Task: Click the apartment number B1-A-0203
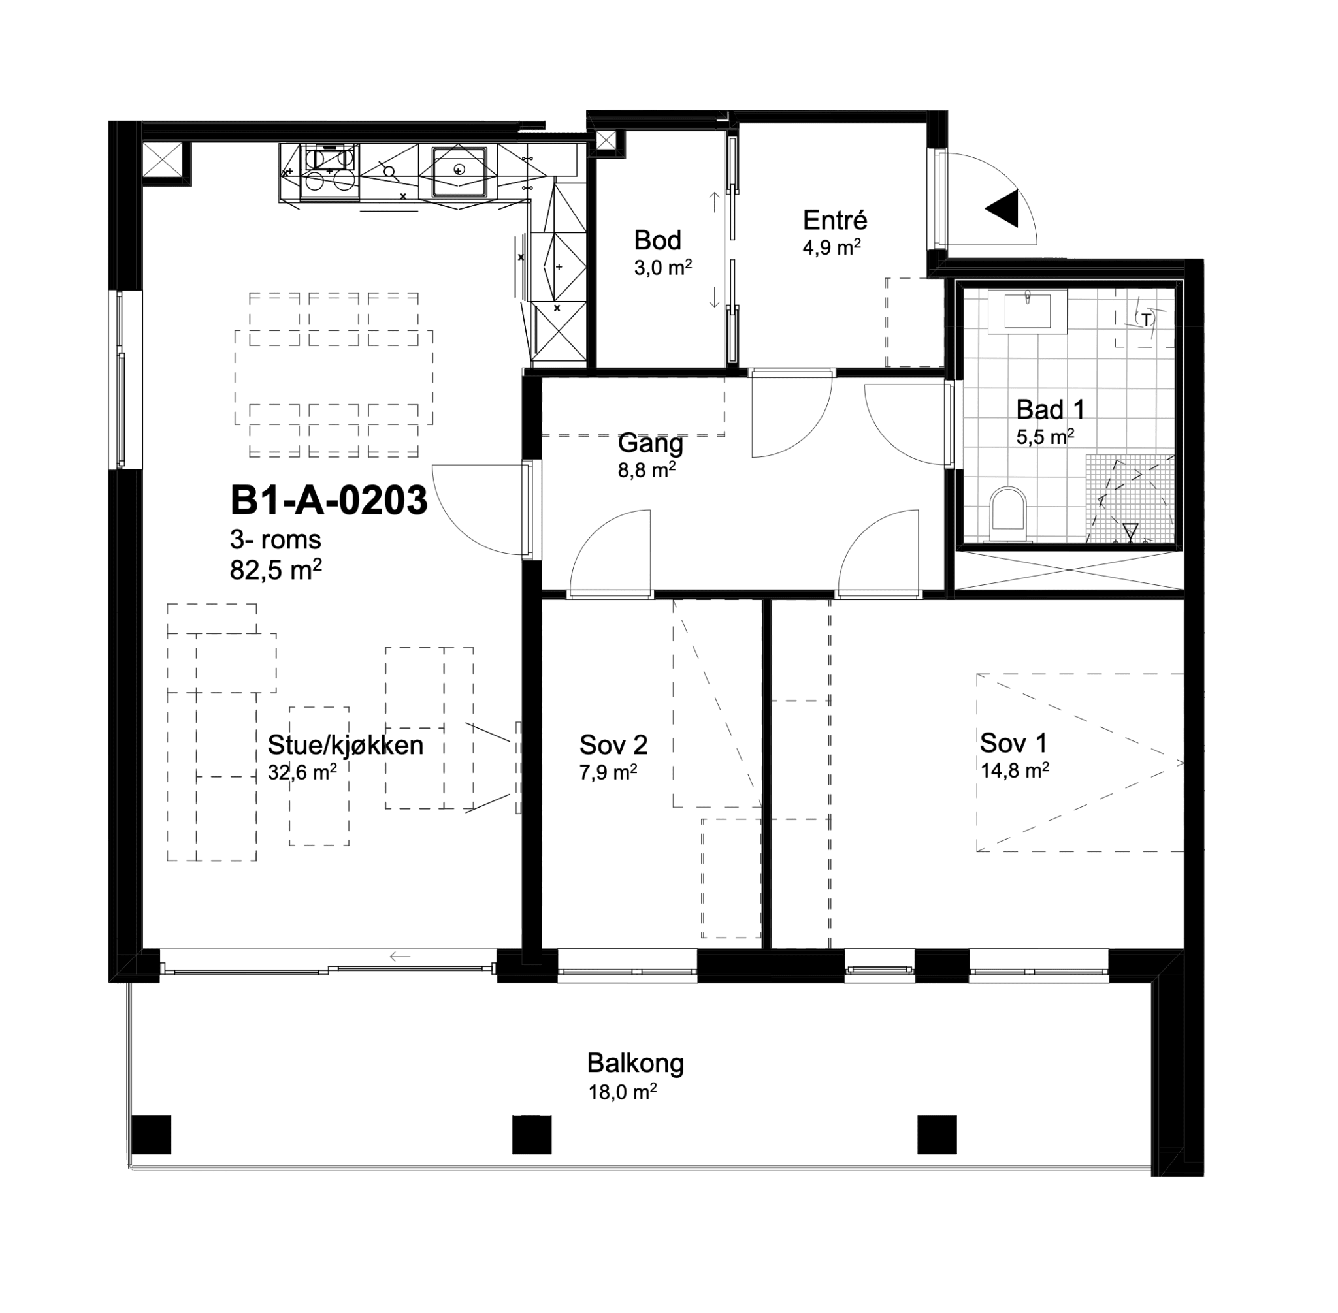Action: coord(329,501)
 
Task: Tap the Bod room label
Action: coord(657,240)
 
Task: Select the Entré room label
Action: coord(834,220)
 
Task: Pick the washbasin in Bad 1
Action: coord(1027,311)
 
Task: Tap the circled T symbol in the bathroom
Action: coord(1145,319)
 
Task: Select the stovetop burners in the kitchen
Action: coord(330,170)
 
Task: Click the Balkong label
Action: coord(635,1064)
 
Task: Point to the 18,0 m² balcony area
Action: coord(622,1092)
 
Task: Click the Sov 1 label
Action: coord(1013,743)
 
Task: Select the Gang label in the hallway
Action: coord(650,443)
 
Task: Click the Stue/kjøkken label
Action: coord(345,746)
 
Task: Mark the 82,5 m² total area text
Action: coord(275,570)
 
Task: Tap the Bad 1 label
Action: coord(1051,409)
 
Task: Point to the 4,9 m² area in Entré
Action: coord(832,247)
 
